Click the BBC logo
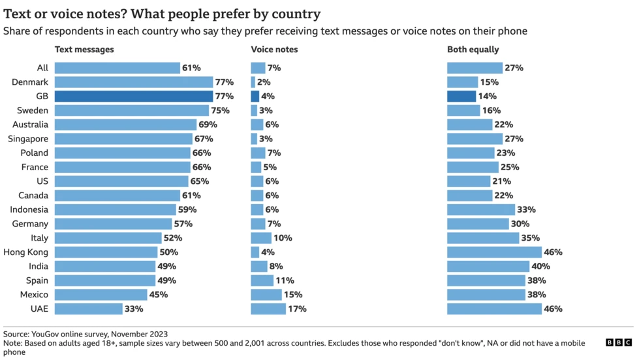[x=619, y=342]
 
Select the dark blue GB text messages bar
[x=134, y=97]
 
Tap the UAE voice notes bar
[x=268, y=308]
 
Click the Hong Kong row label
[x=25, y=252]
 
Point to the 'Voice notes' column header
[x=274, y=50]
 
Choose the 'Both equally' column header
[x=473, y=50]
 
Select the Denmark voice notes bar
[x=253, y=82]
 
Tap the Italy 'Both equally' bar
[x=483, y=238]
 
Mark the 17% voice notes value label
[x=298, y=308]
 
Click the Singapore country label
[x=27, y=139]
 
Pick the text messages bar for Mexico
[x=101, y=295]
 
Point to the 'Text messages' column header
[x=84, y=50]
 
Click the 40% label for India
[x=540, y=266]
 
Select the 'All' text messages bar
[x=117, y=68]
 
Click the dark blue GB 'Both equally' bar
[x=461, y=97]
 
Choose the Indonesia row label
[x=29, y=210]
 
